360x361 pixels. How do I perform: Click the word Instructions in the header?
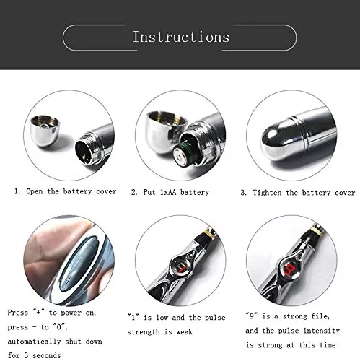pos(180,38)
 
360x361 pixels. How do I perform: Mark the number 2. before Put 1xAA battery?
pos(135,193)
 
